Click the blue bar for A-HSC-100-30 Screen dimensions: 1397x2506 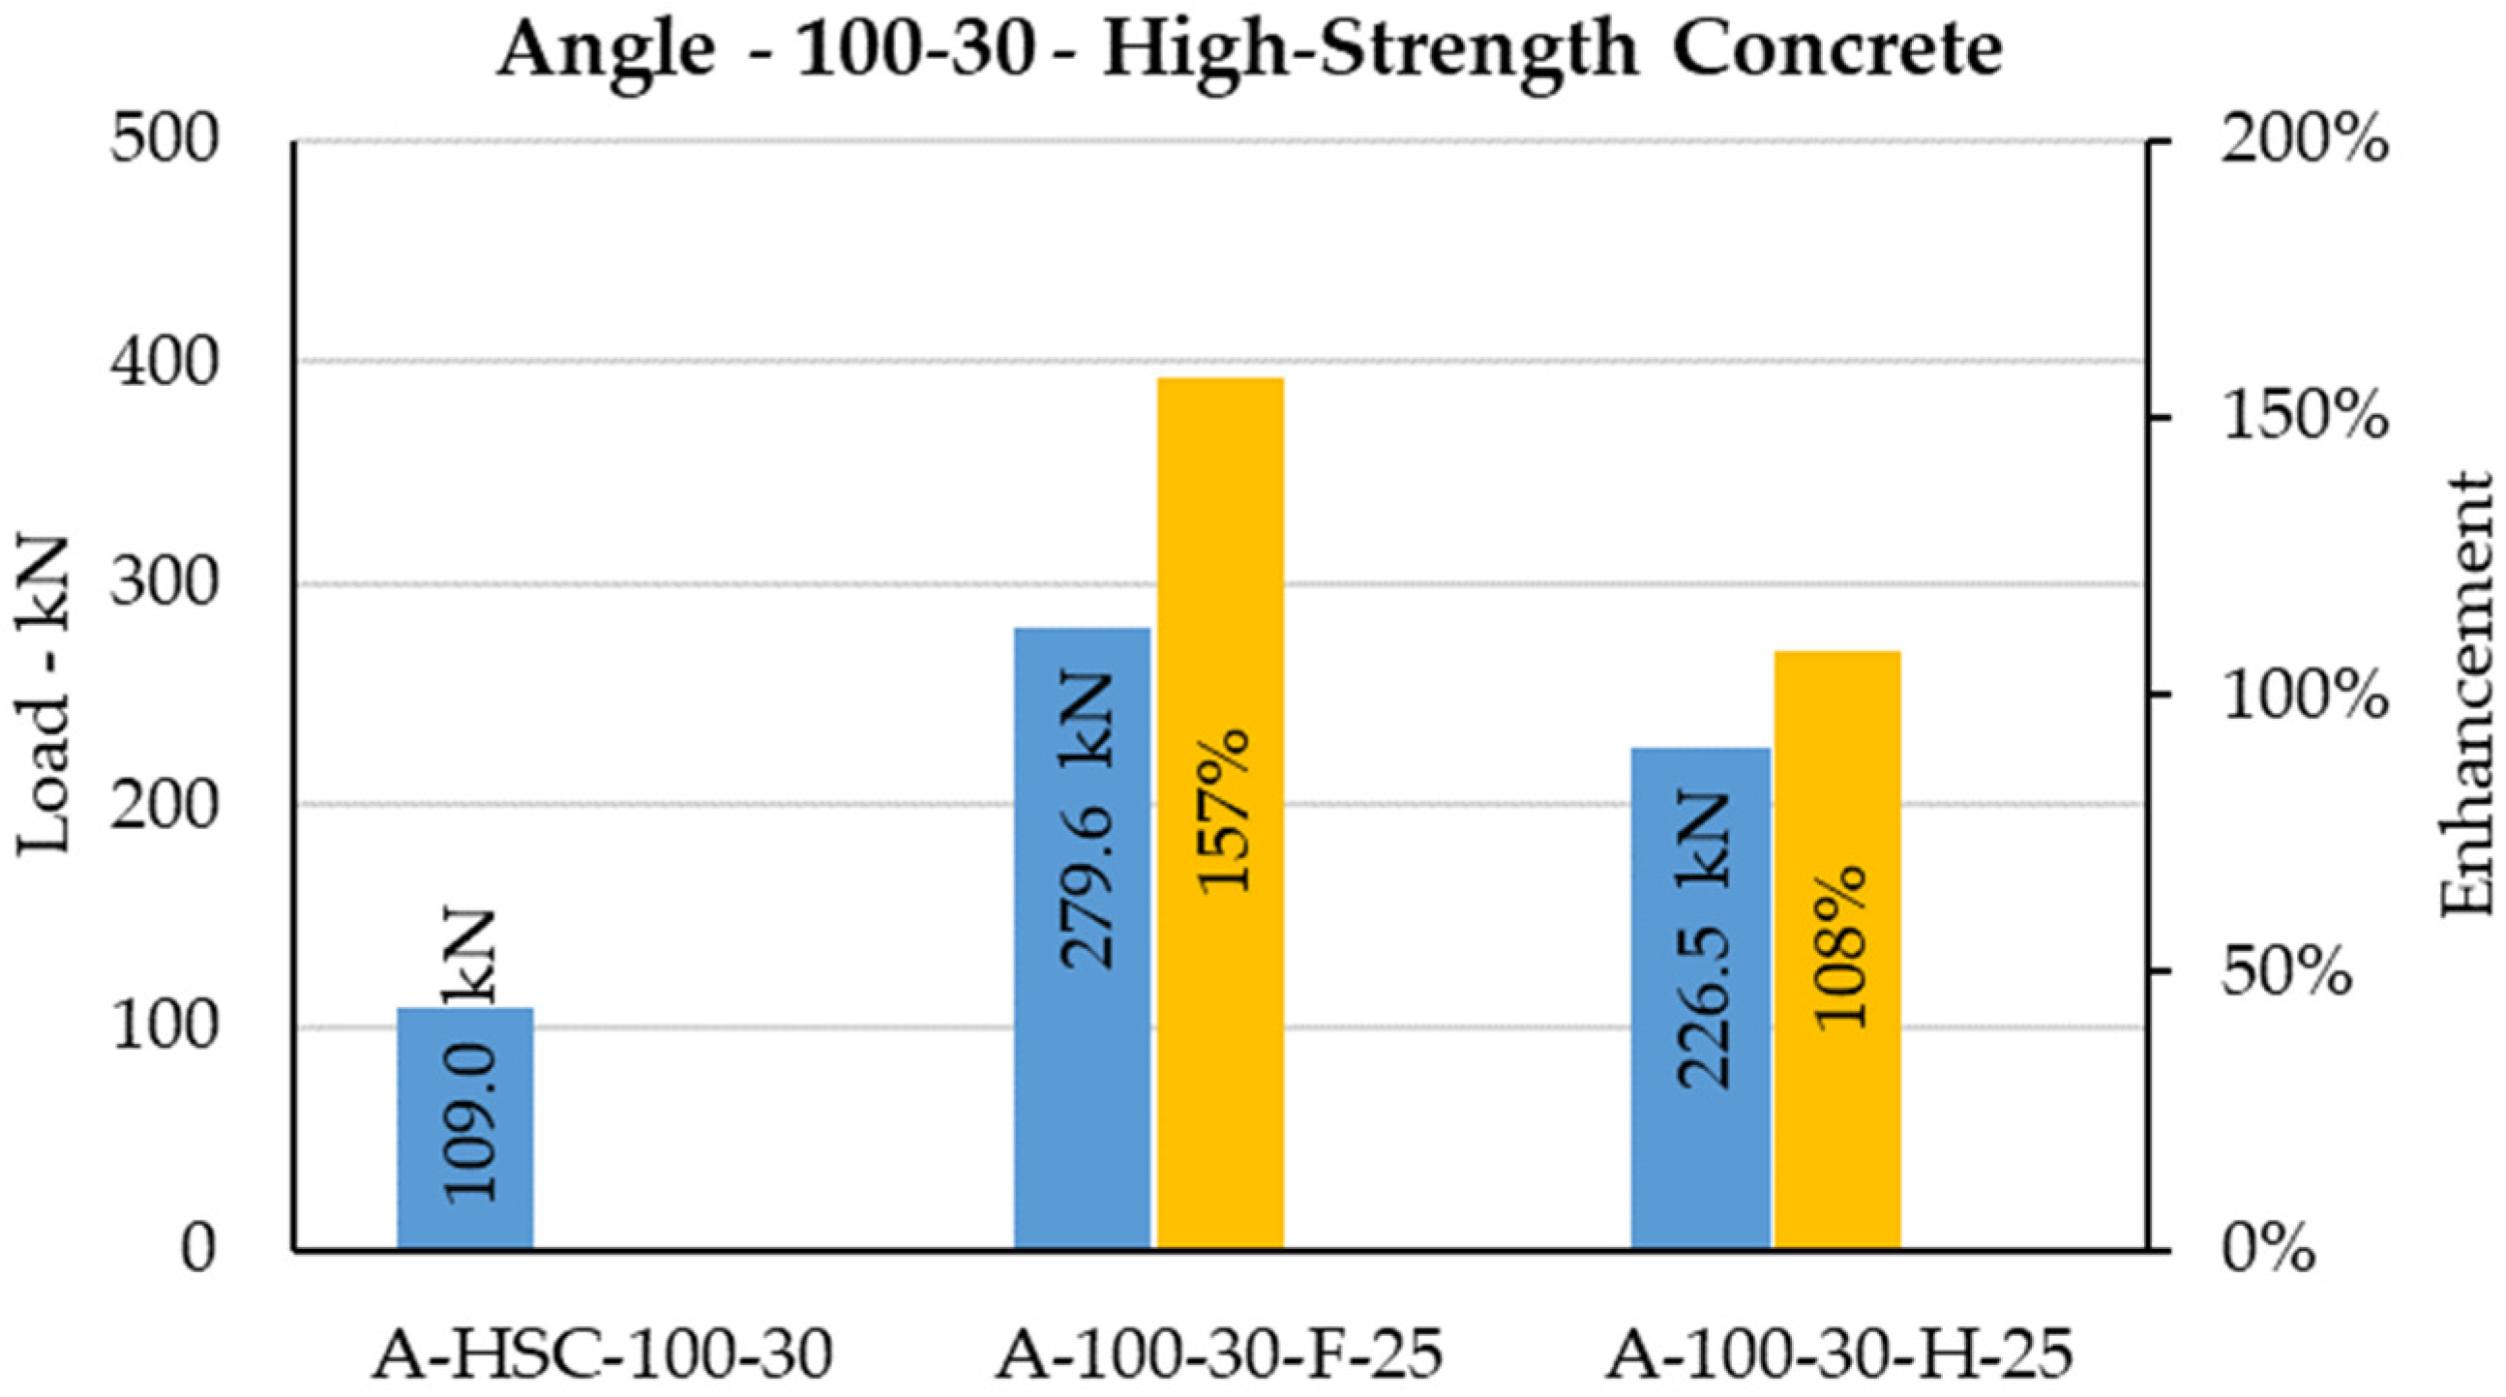(x=465, y=1128)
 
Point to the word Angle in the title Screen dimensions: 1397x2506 (x=607, y=50)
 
